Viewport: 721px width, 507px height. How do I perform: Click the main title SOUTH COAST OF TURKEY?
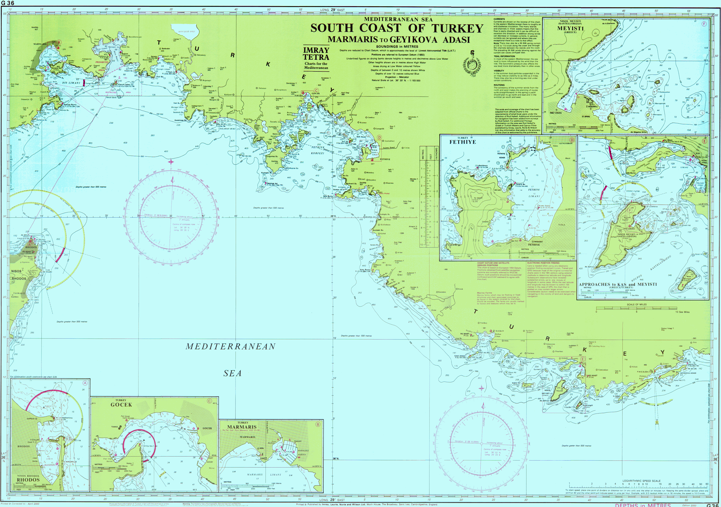[x=397, y=29]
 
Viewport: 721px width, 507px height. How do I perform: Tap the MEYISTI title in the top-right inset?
[x=570, y=28]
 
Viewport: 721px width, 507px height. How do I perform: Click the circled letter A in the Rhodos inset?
[x=85, y=383]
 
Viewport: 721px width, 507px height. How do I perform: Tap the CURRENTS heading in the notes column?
[x=499, y=19]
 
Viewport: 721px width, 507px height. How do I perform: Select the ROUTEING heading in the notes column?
[x=499, y=85]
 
